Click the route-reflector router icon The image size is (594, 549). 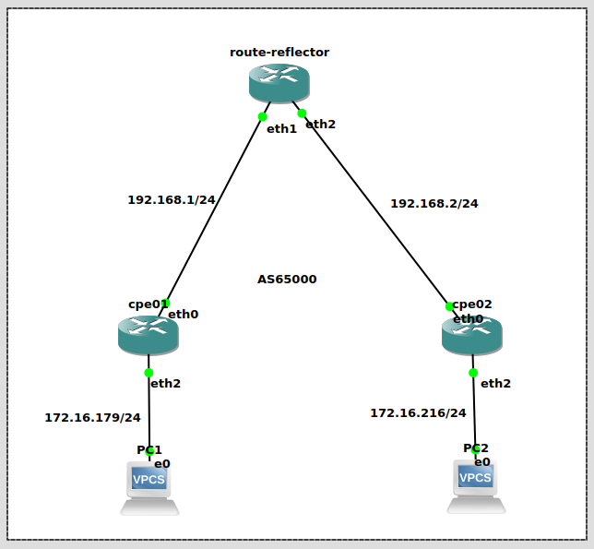279,83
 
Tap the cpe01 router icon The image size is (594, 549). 148,335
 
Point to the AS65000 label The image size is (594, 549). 287,279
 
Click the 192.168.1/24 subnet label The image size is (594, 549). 171,199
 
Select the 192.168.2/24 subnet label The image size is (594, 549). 434,203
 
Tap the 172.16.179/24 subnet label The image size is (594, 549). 92,417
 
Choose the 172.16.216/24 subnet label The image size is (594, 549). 418,412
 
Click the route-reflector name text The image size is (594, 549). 279,52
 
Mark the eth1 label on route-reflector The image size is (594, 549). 281,128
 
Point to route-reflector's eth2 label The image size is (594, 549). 320,124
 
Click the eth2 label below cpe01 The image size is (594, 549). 165,383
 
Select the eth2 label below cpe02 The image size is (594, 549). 495,383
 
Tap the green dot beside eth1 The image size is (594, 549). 263,116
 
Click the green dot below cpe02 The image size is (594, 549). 473,373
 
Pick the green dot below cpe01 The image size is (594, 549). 148,373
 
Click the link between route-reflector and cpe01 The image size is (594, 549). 214,209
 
